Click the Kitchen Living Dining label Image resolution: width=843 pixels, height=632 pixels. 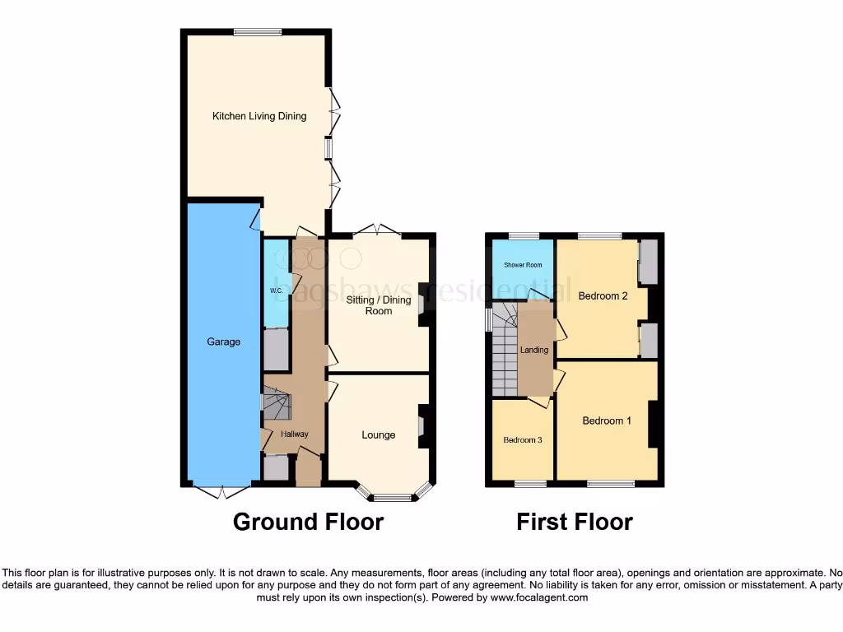point(259,116)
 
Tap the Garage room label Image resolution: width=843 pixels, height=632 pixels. point(223,342)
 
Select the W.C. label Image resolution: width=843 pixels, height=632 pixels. point(277,291)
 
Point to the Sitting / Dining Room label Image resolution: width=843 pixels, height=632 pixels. point(378,305)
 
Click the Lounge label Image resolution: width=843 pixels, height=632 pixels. point(378,434)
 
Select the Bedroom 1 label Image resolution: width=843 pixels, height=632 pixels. point(607,421)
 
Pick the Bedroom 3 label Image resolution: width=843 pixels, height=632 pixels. point(523,439)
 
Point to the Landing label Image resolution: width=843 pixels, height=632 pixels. point(534,350)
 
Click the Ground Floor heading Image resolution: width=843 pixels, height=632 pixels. point(308,522)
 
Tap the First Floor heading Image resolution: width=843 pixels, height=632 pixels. point(575,522)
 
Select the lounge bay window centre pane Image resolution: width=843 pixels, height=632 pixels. point(392,497)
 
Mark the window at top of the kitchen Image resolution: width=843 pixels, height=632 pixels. point(258,32)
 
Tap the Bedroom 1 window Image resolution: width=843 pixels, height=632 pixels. point(610,484)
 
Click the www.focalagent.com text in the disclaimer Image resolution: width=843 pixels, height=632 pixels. point(539,597)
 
